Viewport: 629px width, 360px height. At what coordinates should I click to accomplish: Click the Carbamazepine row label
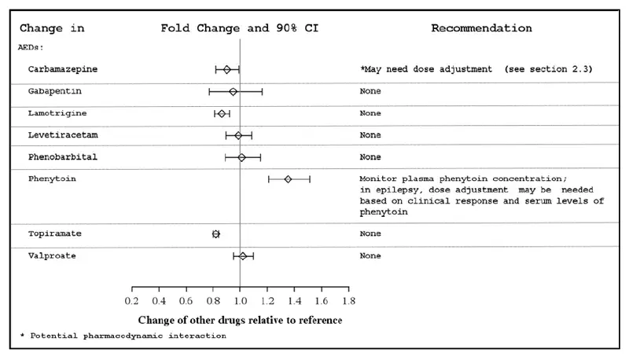coord(63,69)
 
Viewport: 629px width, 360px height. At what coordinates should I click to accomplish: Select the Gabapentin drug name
coord(54,91)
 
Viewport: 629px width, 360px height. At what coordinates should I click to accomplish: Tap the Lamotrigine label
coord(57,113)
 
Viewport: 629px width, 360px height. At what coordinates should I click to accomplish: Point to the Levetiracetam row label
coord(63,135)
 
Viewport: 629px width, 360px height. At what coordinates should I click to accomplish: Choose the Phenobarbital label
coord(63,157)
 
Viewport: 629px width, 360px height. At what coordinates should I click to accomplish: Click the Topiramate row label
coord(54,233)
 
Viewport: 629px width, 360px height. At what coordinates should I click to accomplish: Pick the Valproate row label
coord(52,255)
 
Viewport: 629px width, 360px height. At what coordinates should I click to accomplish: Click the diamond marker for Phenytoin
coord(288,179)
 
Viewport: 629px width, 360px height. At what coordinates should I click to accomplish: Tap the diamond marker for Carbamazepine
coord(227,69)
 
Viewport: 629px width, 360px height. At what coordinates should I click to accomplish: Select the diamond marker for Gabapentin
coord(234,91)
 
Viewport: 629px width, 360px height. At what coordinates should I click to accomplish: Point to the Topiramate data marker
coord(216,233)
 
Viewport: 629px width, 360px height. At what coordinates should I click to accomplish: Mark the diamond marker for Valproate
coord(243,255)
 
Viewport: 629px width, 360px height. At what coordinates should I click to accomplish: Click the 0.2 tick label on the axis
coord(131,301)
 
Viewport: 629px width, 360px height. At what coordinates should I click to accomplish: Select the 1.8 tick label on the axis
coord(348,301)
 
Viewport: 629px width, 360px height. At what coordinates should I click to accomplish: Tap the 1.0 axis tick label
coord(240,301)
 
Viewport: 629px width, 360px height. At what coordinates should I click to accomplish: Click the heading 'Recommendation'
coord(481,28)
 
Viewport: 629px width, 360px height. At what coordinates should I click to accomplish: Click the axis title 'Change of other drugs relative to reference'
coord(240,320)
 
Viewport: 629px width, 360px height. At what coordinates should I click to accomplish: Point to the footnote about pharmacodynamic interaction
coord(123,336)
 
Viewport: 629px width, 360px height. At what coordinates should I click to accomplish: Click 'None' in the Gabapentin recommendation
coord(370,91)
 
